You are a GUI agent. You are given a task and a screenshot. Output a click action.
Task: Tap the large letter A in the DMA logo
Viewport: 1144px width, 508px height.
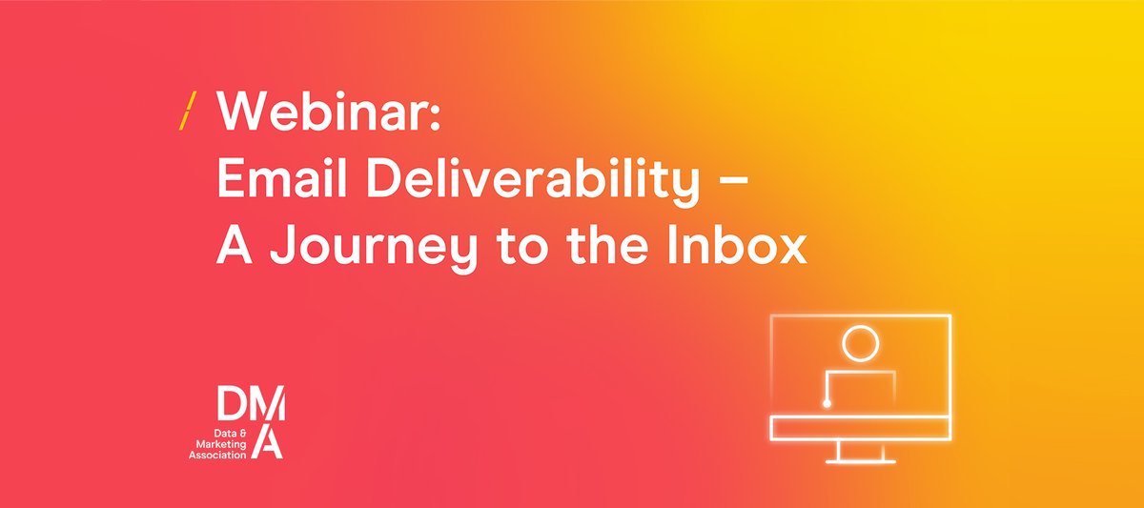(x=271, y=442)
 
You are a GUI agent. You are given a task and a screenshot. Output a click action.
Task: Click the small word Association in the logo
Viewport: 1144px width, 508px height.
(x=216, y=455)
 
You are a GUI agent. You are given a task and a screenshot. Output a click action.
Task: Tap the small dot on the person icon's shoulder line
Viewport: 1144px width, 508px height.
(x=827, y=404)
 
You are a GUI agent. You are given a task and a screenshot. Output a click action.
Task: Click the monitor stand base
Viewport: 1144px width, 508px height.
(x=860, y=460)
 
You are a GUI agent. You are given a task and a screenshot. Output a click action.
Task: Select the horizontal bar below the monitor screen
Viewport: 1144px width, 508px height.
(x=860, y=428)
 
